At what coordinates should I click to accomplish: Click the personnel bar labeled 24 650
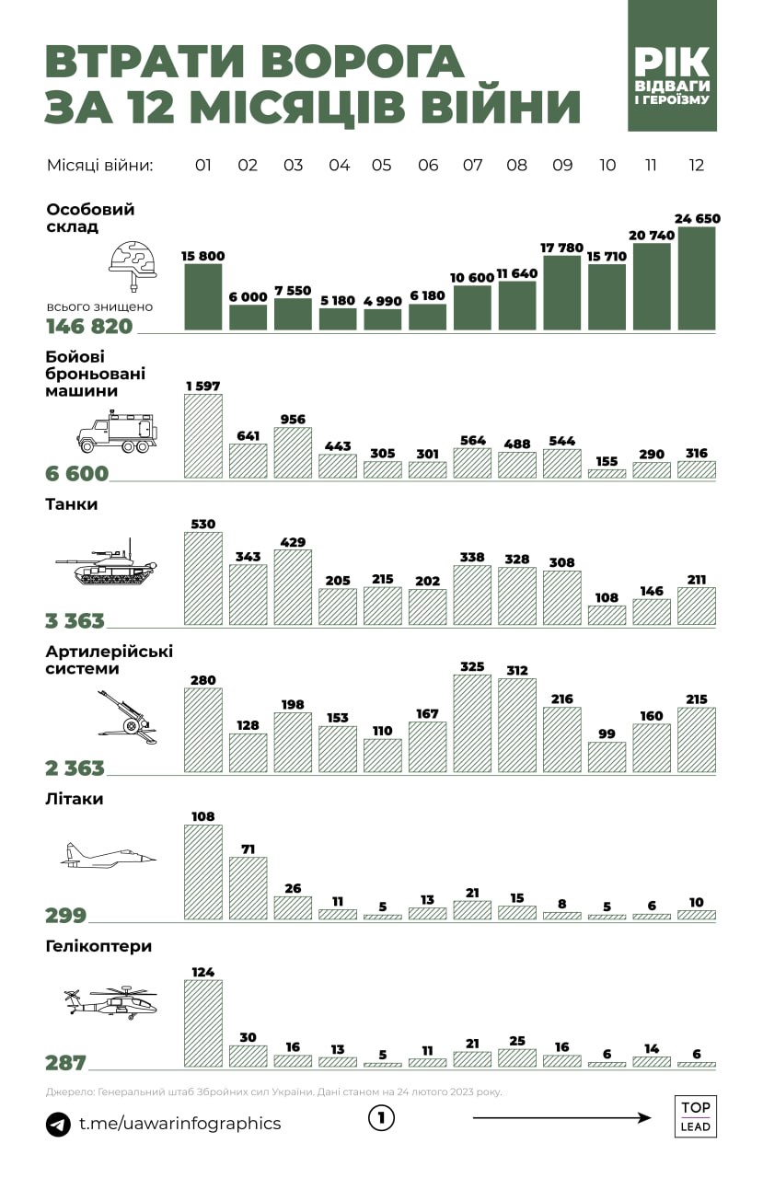point(696,279)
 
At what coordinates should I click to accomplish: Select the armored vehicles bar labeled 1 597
point(203,436)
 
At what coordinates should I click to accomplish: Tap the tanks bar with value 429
point(293,587)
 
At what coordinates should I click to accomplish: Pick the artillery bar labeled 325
point(472,723)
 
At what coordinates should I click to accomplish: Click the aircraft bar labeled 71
point(248,888)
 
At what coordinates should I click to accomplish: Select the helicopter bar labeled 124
point(203,1022)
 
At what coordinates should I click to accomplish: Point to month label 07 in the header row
point(472,166)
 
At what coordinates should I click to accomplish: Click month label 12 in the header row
point(696,166)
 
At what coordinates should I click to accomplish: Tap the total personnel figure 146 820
point(89,327)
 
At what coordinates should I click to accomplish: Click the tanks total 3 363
point(75,621)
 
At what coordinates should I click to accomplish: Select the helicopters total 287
point(65,1063)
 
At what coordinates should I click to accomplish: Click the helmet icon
point(131,260)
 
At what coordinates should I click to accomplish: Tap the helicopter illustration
point(110,1000)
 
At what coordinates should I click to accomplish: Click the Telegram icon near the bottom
point(58,1124)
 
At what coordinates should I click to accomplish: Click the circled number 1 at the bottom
point(381,1119)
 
